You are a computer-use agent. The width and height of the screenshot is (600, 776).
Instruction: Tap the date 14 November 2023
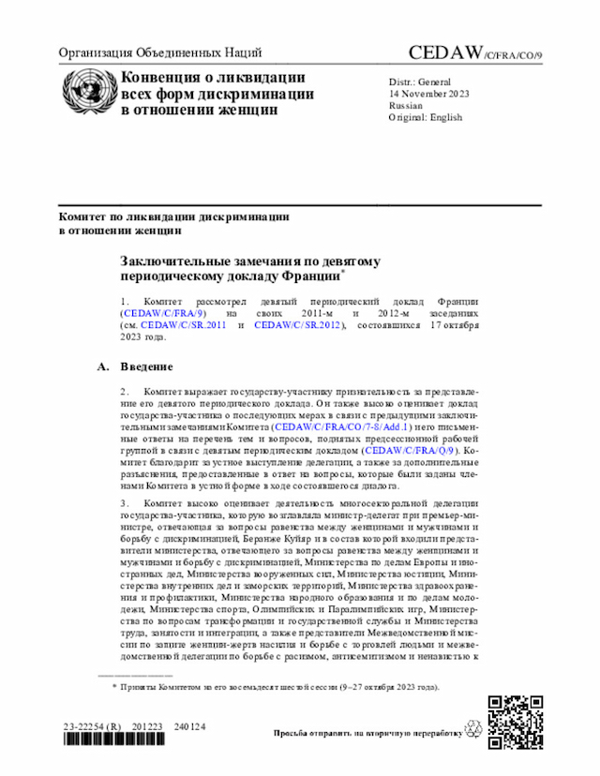429,94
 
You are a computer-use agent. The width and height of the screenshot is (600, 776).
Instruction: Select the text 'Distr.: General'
420,82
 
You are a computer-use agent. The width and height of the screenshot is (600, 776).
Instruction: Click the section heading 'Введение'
147,366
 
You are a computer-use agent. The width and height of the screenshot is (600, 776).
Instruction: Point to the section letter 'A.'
104,366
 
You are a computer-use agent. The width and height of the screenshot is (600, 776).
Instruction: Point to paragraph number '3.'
125,503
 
